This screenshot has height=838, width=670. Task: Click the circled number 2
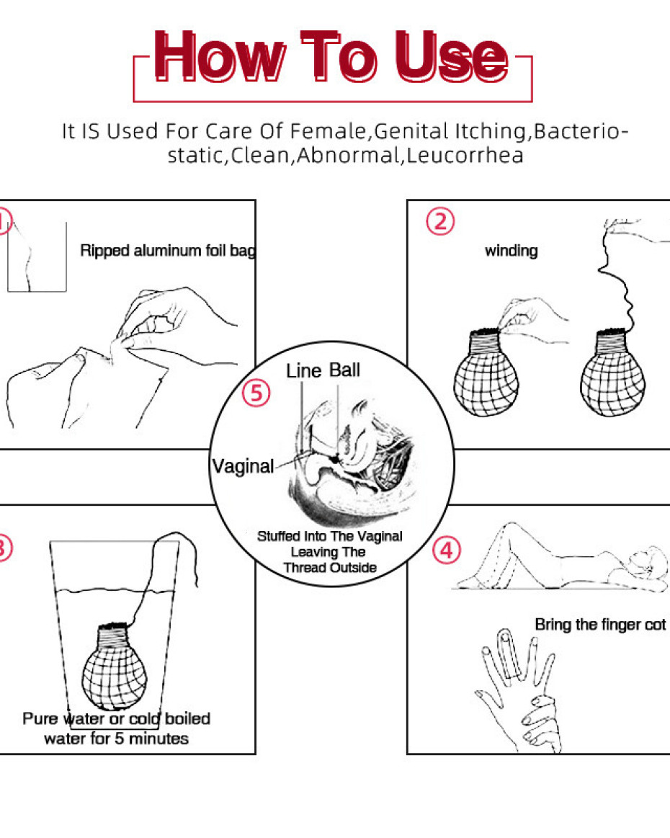440,221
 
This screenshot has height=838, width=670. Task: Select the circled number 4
447,551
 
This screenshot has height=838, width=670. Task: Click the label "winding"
512,251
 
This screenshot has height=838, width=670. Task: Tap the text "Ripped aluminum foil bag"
168,250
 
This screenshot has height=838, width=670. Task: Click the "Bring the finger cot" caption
601,624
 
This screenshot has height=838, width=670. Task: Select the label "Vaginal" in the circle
243,466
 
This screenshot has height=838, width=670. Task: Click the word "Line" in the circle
303,370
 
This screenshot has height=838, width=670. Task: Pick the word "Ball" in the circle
344,370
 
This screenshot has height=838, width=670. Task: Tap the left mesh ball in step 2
486,373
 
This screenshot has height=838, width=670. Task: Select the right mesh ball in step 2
612,373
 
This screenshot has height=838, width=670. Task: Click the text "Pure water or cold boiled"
117,718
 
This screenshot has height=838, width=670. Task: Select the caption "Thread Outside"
330,567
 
